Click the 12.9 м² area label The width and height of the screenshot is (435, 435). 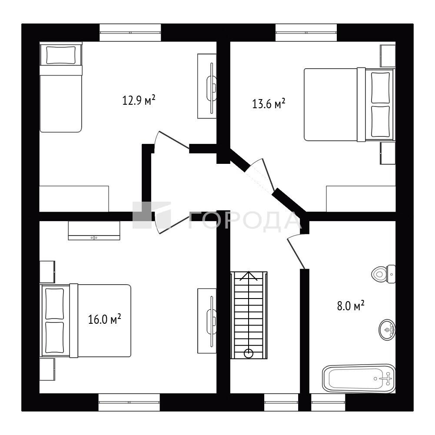click(139, 100)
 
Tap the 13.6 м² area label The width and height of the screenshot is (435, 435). click(269, 104)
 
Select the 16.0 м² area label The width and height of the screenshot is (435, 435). click(104, 319)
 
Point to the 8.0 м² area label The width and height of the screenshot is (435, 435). click(351, 306)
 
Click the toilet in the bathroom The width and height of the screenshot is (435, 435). click(383, 274)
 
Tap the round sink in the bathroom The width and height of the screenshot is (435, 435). click(387, 329)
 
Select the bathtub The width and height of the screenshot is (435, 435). click(359, 379)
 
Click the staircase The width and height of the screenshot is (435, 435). click(249, 315)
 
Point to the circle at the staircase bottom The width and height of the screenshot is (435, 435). click(249, 353)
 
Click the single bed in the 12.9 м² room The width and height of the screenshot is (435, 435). click(61, 87)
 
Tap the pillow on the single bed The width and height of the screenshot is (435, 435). click(61, 55)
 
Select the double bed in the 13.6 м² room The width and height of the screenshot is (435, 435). click(349, 105)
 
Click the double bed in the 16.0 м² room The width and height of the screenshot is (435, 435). click(86, 320)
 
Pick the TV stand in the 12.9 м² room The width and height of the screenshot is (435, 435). click(207, 86)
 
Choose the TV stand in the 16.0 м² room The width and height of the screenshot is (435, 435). click(207, 321)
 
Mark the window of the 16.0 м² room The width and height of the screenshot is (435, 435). click(129, 402)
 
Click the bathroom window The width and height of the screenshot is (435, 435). click(328, 402)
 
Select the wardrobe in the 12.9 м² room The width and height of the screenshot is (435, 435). click(74, 199)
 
